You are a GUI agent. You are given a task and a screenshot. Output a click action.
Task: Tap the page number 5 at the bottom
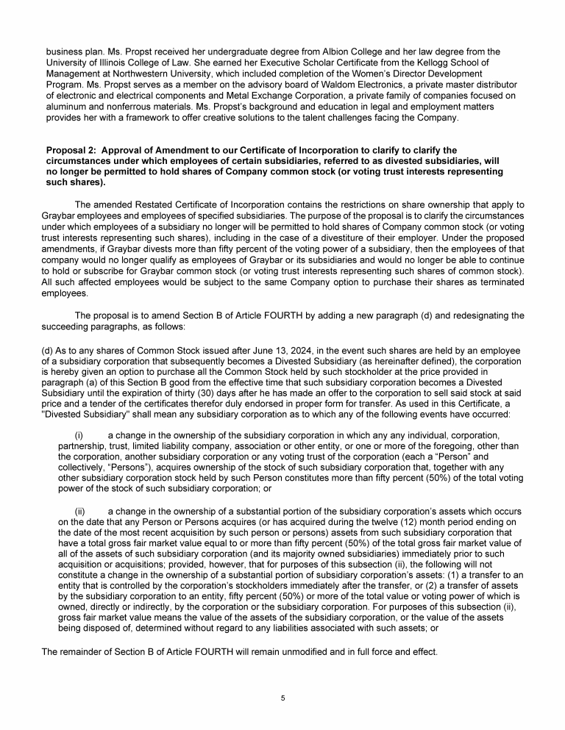(282, 697)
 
